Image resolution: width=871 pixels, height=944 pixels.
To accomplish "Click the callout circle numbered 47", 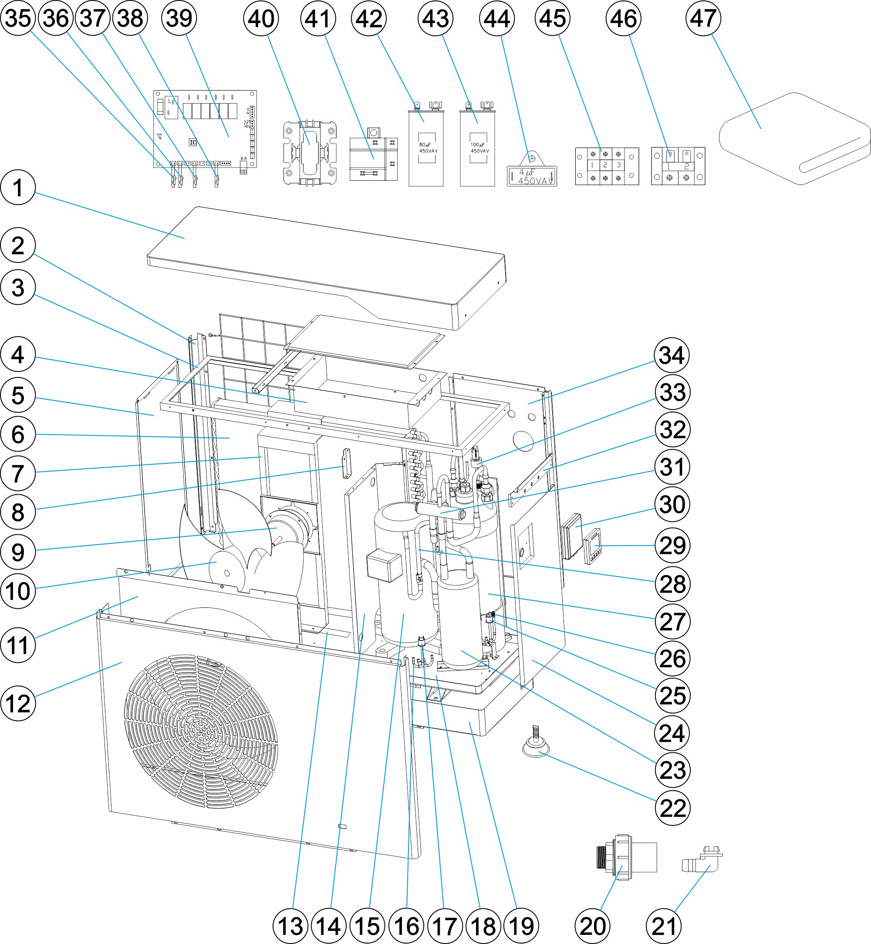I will coord(703,18).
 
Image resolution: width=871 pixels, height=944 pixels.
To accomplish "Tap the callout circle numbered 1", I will coord(18,187).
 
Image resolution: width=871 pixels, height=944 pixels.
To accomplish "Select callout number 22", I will coord(672,808).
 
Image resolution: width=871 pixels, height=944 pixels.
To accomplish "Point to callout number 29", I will coord(672,545).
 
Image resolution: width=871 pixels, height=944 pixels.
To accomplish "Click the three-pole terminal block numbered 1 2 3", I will coord(607,166).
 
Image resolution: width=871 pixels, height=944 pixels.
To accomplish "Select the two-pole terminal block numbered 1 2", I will coord(678,166).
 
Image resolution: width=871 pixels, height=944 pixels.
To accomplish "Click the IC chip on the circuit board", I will coord(192,142).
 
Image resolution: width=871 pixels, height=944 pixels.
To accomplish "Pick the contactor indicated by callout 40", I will coord(310,153).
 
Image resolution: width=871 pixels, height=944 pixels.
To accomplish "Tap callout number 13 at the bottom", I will coord(290,926).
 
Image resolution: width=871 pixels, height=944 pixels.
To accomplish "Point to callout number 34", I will coord(672,355).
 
